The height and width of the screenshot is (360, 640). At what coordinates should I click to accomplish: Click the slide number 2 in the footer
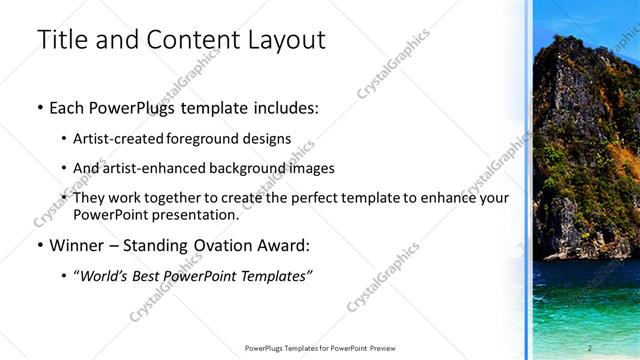pos(590,347)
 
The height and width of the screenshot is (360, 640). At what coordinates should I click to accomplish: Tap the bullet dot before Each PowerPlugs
pos(39,107)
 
